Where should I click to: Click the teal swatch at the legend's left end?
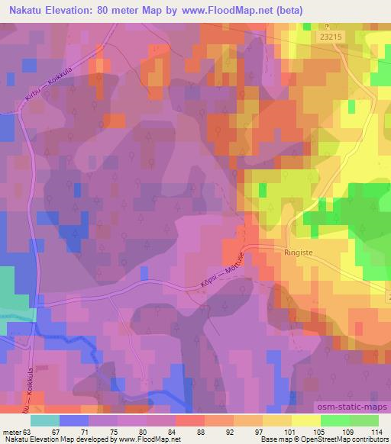click(45, 420)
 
